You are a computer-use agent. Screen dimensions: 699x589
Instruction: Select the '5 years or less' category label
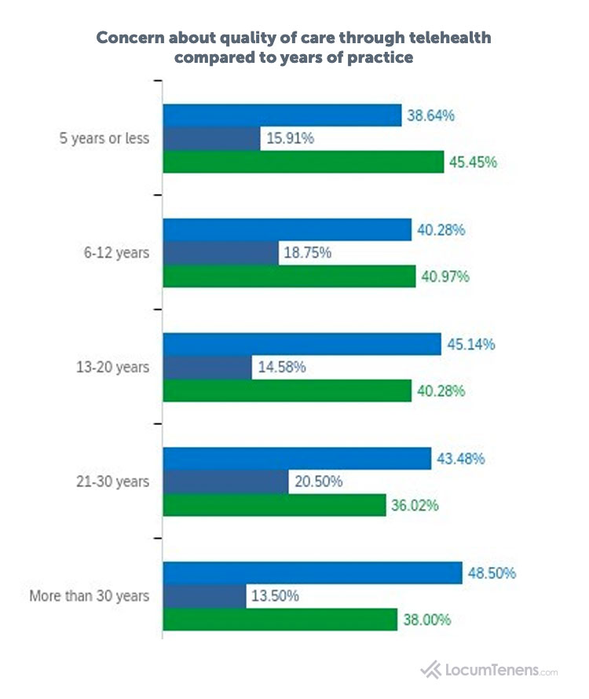[105, 139]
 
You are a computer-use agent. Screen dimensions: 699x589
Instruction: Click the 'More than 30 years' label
[89, 595]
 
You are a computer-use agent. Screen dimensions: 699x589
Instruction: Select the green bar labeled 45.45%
[303, 162]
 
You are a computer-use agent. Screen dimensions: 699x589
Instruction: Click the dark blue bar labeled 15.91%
[211, 139]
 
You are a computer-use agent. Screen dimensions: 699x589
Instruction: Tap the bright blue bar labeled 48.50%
[312, 573]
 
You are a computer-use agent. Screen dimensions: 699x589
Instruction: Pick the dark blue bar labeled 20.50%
[225, 481]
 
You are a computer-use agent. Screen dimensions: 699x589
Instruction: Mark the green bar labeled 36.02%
[274, 504]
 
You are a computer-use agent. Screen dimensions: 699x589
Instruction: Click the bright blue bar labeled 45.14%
[302, 344]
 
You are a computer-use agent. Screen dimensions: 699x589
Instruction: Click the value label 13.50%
[275, 595]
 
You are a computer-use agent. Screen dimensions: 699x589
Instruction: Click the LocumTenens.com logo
[489, 670]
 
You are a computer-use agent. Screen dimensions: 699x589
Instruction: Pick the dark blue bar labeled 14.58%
[207, 367]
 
